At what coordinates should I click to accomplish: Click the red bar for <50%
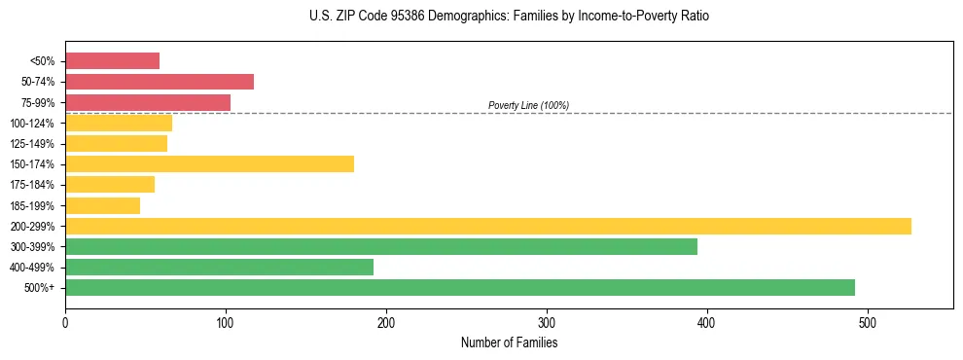click(112, 61)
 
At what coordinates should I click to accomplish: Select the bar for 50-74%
click(159, 82)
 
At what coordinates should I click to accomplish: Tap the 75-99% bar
click(147, 102)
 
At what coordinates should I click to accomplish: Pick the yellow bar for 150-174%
click(209, 163)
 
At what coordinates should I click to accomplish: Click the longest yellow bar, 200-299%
click(487, 226)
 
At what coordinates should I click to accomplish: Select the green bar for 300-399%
click(380, 246)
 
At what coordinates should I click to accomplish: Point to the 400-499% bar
click(219, 267)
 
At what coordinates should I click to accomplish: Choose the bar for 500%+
click(459, 287)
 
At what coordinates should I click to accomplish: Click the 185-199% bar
click(102, 205)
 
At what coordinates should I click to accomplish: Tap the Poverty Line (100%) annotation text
click(528, 105)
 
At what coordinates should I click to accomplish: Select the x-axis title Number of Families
click(509, 342)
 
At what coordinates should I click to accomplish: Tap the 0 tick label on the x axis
click(65, 321)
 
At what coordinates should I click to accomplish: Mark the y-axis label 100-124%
click(32, 124)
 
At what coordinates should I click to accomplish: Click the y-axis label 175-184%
click(32, 185)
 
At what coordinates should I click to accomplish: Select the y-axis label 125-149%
click(32, 144)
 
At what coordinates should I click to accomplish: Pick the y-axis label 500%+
click(39, 288)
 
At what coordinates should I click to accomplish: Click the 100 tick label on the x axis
click(226, 321)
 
